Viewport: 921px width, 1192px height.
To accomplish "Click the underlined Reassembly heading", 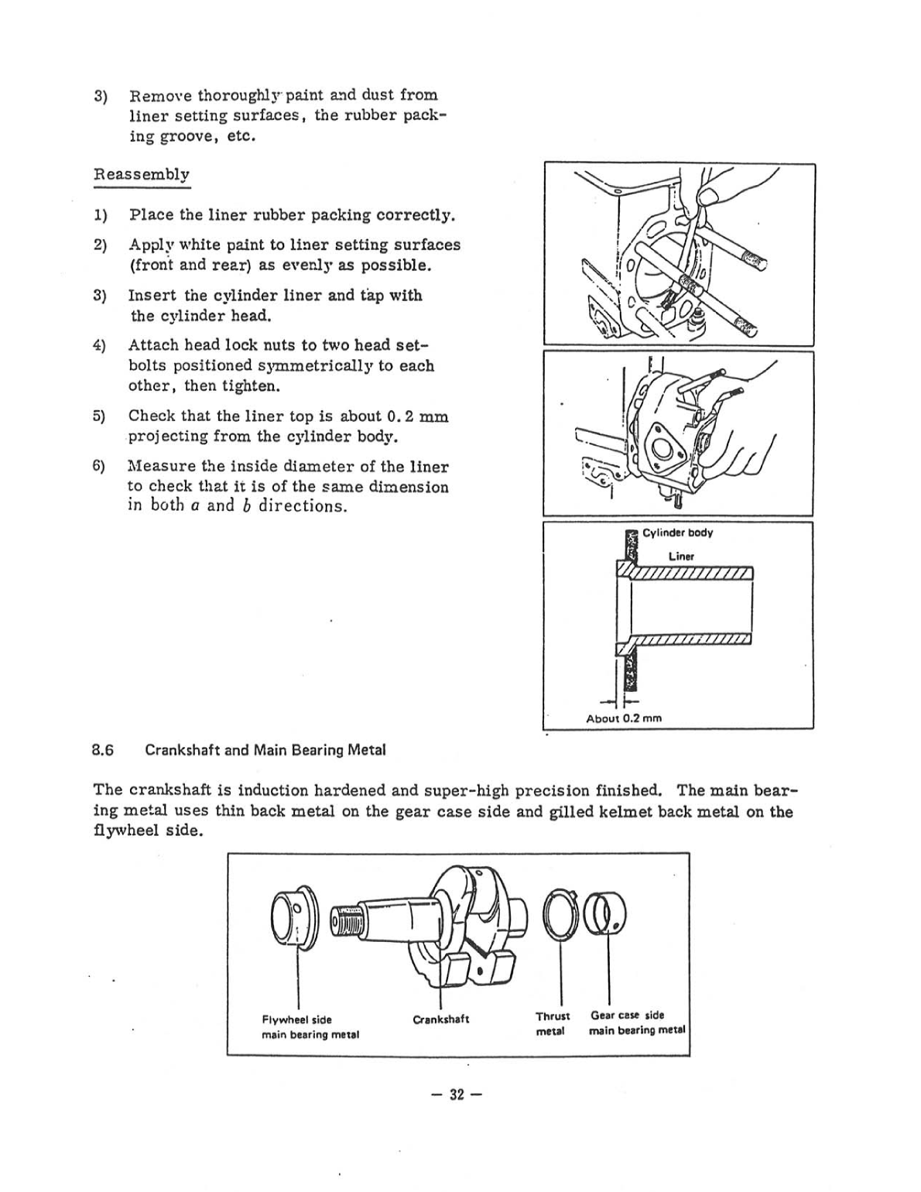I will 142,174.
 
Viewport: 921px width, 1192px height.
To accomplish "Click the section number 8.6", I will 103,750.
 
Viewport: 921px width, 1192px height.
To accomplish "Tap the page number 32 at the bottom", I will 457,1094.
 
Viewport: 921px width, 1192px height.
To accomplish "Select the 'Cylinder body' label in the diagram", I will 677,533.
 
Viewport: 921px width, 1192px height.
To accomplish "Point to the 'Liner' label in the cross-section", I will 681,557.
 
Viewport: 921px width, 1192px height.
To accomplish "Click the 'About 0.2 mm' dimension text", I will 624,718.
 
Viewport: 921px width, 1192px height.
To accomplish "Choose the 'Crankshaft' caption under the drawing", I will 441,1019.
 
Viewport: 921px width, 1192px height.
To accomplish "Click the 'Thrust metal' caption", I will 552,1023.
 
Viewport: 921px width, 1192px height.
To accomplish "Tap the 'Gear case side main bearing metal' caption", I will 637,1022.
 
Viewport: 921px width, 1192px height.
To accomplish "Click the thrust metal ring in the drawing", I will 559,916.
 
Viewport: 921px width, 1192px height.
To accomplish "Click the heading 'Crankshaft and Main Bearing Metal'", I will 265,750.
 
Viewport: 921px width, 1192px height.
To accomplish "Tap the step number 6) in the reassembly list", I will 99,467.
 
